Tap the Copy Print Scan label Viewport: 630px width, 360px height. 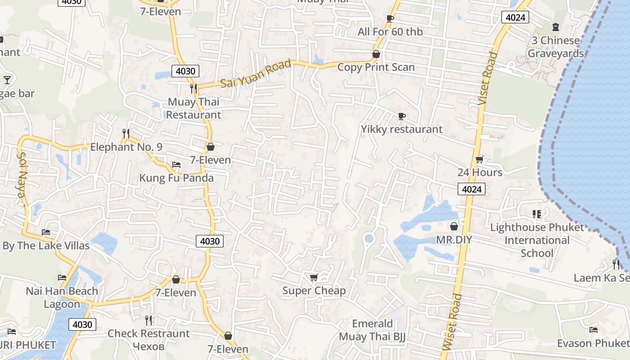coord(376,67)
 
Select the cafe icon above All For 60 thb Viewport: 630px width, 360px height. coord(390,18)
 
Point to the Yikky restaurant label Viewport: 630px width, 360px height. coord(401,129)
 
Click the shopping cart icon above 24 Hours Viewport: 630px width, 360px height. coord(480,160)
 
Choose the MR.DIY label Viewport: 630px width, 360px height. coord(454,239)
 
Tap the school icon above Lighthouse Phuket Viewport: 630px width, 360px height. coord(536,214)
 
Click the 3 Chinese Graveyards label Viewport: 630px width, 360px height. coord(556,47)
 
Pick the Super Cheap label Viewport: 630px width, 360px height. coord(314,291)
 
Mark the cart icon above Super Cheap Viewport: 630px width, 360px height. coord(314,277)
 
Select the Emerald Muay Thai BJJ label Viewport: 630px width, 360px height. coord(372,330)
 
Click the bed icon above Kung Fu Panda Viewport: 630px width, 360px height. coord(176,165)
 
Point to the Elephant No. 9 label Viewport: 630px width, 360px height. coord(126,147)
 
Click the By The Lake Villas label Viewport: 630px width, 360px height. coord(46,246)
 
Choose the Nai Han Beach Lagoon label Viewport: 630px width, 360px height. coord(62,297)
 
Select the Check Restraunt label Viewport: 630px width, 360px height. coord(148,333)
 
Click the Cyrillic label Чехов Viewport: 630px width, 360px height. coord(148,346)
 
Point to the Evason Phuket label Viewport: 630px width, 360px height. coord(593,343)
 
